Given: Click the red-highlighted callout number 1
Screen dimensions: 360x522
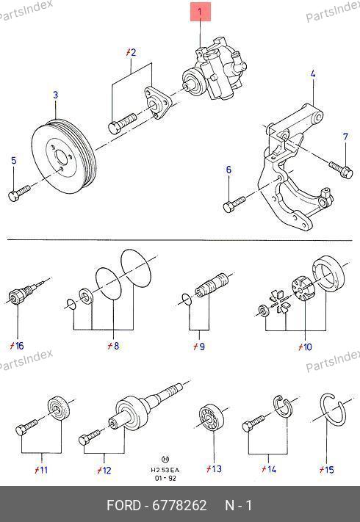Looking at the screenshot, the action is [200, 12].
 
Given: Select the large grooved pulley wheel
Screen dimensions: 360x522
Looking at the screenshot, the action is [64, 156].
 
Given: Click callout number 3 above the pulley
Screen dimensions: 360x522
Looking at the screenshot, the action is [56, 95].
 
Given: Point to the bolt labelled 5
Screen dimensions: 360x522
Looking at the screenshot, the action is [19, 193].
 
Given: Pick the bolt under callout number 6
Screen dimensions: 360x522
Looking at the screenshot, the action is [234, 204].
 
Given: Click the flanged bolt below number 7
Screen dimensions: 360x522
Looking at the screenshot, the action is [341, 170].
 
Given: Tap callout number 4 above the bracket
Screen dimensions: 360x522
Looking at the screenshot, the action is [313, 74].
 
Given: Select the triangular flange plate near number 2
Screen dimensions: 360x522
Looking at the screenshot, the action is [157, 103].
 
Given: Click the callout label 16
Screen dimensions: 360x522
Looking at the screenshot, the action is [17, 346].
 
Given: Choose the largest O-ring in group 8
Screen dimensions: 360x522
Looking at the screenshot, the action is [136, 268].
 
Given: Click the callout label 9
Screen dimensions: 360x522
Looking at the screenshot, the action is [199, 347].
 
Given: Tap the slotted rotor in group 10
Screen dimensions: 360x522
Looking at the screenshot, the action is [301, 289].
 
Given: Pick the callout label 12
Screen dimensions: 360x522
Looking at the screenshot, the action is [104, 470].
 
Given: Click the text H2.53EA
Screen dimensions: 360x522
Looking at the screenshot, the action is [165, 470].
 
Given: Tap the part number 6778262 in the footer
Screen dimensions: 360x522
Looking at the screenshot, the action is [179, 505].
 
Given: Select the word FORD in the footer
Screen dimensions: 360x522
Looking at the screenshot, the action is [123, 505].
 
